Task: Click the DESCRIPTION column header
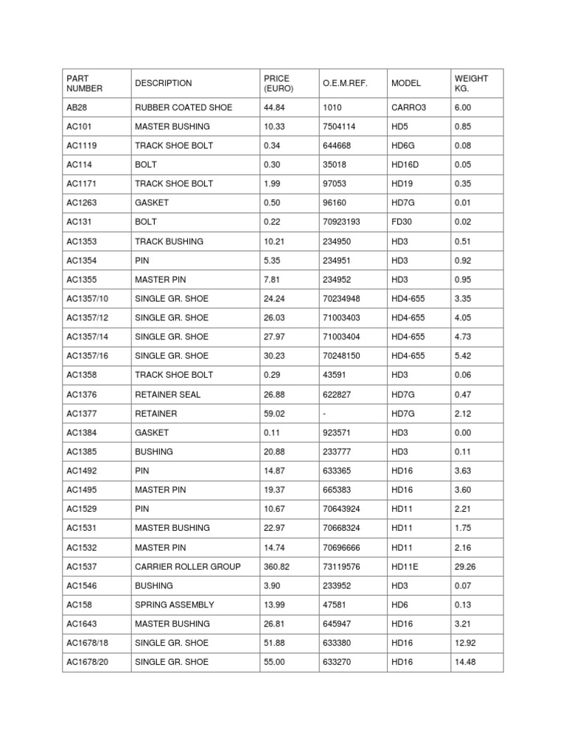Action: pos(163,83)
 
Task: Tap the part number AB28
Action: pos(77,108)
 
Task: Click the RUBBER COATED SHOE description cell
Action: pos(183,108)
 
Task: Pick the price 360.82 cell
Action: pos(277,566)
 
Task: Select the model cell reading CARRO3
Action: pos(409,108)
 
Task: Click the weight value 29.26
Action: pos(467,566)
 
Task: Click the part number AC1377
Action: pos(81,413)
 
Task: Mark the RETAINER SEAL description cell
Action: pos(167,394)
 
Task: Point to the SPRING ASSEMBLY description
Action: pos(174,605)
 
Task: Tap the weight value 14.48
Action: pos(467,662)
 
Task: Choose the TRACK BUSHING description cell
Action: pos(169,241)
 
